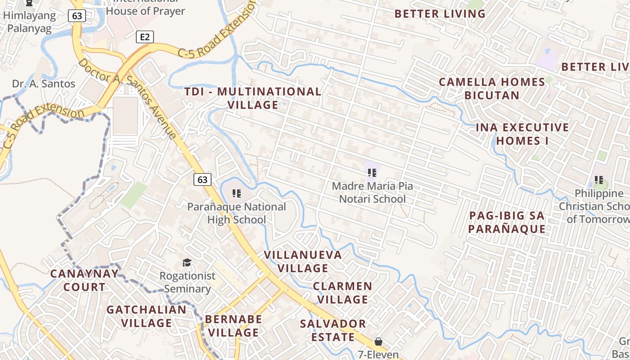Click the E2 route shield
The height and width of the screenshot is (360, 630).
coord(144,37)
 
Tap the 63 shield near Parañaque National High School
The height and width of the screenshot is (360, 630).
coord(202,180)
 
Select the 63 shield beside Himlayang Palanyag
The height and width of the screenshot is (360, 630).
coord(77,16)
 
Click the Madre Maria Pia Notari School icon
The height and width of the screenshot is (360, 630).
coord(372,172)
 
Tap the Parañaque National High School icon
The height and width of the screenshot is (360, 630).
coord(237,194)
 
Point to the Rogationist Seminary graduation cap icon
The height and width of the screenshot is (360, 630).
coord(186,262)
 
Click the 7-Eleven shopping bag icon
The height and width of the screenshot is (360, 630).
coord(378,342)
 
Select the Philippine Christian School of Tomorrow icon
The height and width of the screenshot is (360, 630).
coord(599,180)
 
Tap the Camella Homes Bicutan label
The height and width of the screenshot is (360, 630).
coord(492,89)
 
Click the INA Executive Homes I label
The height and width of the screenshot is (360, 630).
coord(522,134)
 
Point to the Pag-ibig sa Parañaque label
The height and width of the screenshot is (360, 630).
coord(507,222)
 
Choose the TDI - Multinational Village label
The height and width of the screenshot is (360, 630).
coord(253,98)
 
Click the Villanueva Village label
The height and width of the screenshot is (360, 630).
coord(303,261)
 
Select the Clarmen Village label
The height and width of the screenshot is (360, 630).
coord(342,292)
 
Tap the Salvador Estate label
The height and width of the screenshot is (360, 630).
coord(333,330)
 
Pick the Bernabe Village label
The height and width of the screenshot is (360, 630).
coord(233,326)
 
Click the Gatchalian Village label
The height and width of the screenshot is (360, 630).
coord(146,316)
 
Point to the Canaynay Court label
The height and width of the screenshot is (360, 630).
coord(85,280)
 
